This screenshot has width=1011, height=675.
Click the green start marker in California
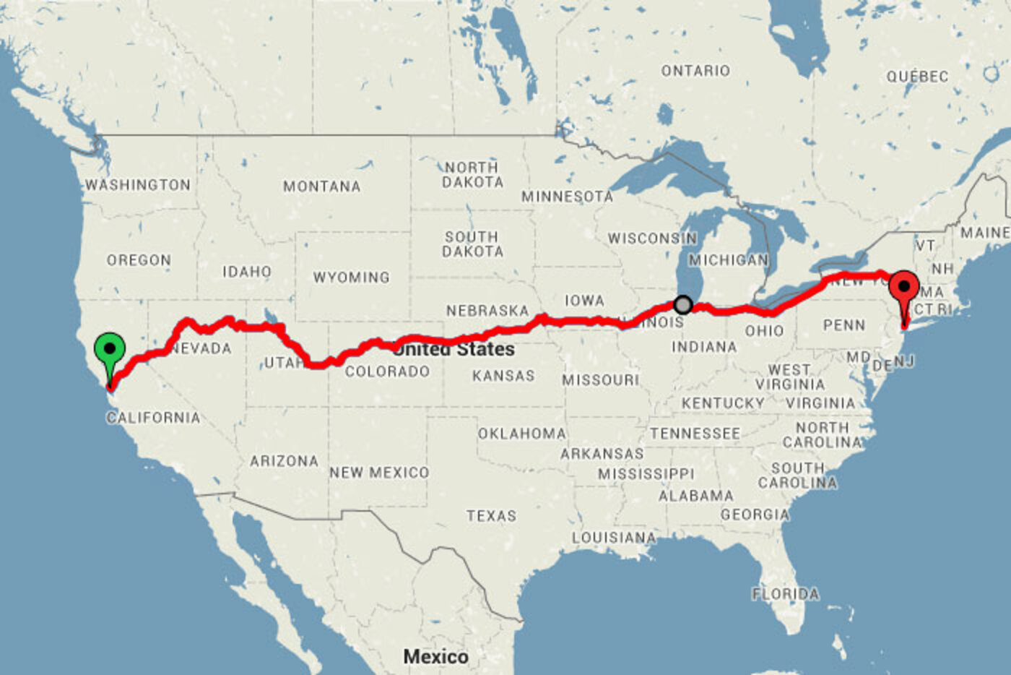point(110,350)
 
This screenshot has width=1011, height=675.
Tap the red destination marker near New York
point(903,288)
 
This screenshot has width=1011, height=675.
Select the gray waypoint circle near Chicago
point(682,304)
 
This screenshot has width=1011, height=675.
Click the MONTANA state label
point(321,186)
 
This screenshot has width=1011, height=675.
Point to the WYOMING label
point(351,278)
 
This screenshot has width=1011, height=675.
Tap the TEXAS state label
point(491,516)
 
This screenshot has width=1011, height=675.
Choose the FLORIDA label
point(785,594)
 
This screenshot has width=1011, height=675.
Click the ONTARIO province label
point(695,71)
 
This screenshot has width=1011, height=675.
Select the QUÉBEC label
point(917,77)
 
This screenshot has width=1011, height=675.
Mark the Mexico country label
point(435,656)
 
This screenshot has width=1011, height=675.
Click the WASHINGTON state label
point(138,185)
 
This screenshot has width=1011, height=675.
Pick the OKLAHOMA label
point(521,434)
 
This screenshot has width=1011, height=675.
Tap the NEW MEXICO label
point(379,473)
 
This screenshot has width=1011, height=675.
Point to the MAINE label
point(985,233)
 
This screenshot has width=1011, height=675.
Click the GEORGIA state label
point(755,515)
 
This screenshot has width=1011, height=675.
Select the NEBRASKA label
point(487,311)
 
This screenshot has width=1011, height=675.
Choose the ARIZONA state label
point(284,461)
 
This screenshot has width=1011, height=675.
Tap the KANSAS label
point(503,376)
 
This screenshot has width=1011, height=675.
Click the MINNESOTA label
point(567,197)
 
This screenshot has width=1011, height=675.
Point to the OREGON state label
point(139,260)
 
